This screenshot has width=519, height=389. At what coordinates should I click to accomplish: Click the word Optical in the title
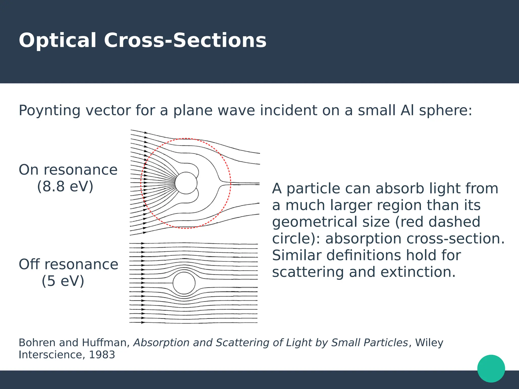58,41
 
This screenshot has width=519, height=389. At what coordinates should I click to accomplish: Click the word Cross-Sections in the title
185,41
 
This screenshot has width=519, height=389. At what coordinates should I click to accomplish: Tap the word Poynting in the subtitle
49,111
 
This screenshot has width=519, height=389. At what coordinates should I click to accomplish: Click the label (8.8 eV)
65,187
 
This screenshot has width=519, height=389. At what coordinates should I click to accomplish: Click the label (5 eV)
63,281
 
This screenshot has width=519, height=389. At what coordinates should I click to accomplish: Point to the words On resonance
68,170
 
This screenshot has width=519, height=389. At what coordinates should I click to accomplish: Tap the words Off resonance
68,264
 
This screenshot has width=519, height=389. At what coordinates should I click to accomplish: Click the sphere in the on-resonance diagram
186,183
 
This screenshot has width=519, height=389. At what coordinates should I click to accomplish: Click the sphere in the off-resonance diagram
184,283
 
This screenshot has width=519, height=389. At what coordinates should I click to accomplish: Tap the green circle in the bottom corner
491,368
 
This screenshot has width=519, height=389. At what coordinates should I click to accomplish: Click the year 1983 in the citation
102,355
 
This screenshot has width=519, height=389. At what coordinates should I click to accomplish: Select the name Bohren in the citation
37,343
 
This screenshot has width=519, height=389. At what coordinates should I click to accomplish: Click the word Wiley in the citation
429,343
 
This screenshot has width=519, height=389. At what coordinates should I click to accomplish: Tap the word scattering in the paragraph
308,272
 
